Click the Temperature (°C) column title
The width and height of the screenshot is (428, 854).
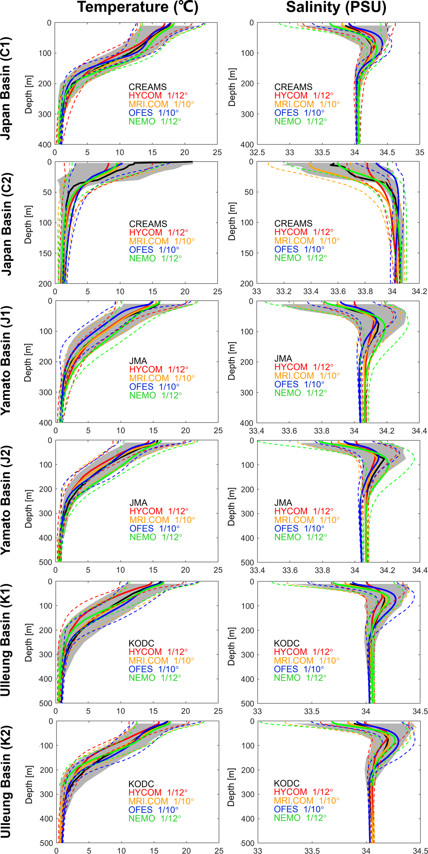click(x=138, y=8)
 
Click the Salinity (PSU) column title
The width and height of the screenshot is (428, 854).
click(x=336, y=8)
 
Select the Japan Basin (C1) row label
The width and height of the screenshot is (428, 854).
click(x=6, y=88)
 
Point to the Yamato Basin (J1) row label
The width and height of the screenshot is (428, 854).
click(x=6, y=360)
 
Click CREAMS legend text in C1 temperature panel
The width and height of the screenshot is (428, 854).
click(x=147, y=87)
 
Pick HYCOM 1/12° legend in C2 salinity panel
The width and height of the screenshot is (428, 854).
click(x=303, y=232)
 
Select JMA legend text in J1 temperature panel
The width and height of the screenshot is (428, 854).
click(x=138, y=361)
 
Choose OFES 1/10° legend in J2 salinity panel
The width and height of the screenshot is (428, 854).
click(x=299, y=528)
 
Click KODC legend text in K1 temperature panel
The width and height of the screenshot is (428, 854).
click(x=141, y=643)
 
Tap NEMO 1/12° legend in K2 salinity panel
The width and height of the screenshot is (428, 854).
click(x=300, y=818)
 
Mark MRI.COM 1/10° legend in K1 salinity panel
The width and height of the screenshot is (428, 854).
click(x=307, y=660)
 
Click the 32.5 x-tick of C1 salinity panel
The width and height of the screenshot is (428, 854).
click(x=257, y=152)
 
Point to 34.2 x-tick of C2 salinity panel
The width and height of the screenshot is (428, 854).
click(x=419, y=291)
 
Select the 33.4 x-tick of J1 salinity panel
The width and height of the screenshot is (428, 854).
click(x=257, y=431)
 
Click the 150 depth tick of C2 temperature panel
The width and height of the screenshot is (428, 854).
click(x=45, y=253)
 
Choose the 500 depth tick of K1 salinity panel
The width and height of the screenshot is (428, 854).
click(x=247, y=703)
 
